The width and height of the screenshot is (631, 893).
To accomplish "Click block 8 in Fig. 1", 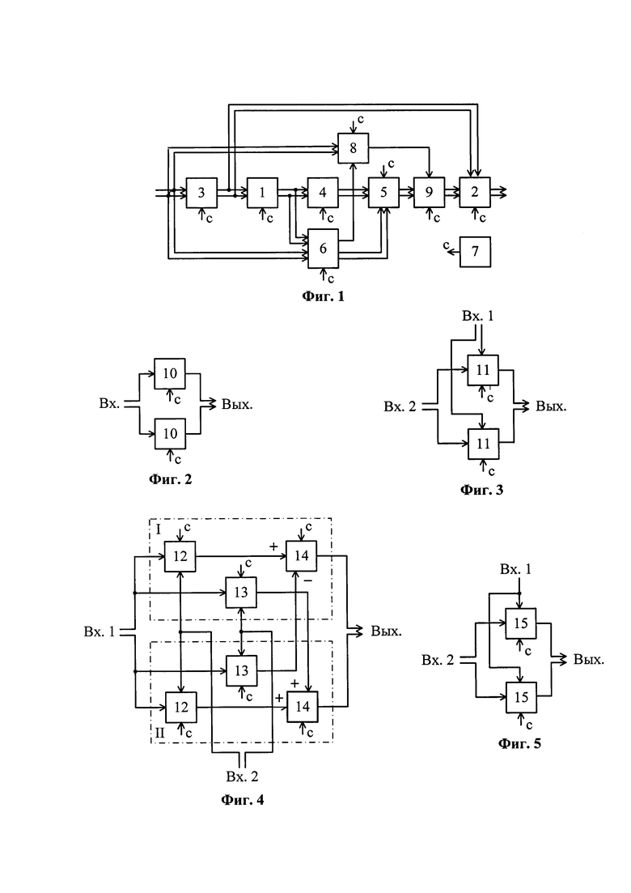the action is coord(354,148).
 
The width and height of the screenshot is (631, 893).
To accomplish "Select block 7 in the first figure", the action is coord(475,252).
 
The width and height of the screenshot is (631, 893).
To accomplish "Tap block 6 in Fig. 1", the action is coord(323,249).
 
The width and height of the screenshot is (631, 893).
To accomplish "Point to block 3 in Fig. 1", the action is coord(201,193).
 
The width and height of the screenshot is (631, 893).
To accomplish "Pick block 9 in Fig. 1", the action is coord(429,193).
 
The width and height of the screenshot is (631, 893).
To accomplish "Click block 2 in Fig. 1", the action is coord(475,193).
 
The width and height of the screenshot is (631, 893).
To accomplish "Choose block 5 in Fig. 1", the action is coord(383,193).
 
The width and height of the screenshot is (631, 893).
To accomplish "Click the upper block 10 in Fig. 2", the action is coord(170,373).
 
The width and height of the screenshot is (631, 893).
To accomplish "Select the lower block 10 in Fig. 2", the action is coord(170,434).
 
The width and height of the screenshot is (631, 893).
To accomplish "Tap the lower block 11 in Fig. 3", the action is coord(483,444).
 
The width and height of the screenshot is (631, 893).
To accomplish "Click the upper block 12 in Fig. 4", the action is coord(180,556).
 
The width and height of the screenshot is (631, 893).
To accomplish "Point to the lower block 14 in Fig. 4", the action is coord(302,707).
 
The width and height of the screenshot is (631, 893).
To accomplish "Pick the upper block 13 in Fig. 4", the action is coord(241,593).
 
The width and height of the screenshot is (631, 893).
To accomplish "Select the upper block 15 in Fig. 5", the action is coord(521,623).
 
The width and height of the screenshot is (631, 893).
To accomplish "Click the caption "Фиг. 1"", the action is coord(323,296).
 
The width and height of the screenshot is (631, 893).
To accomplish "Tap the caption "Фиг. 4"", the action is coord(243,800).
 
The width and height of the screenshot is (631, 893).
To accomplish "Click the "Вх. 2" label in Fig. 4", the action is coord(243,776).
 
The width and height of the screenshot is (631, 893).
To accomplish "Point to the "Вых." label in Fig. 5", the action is coord(589,660).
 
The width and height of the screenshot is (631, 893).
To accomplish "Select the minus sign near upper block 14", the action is coord(307,581).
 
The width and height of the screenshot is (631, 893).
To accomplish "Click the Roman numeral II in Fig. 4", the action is coord(160,733).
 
